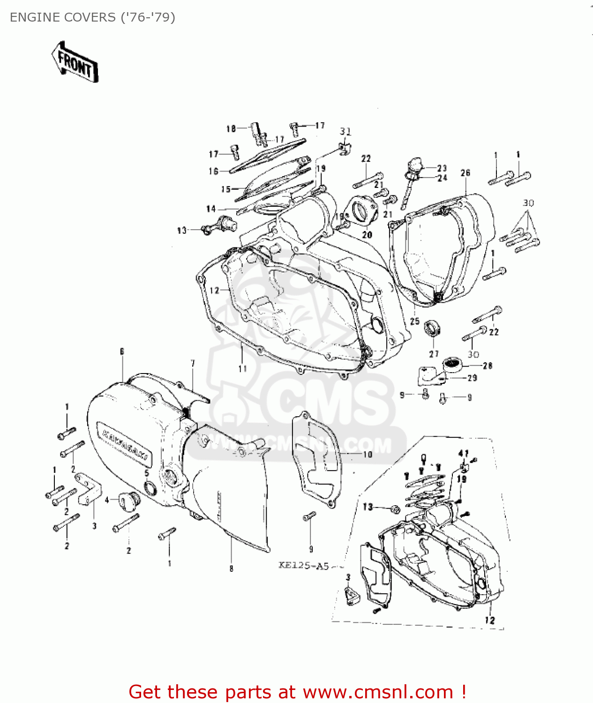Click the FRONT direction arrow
pos(75,62)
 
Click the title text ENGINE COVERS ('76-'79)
pos(92,17)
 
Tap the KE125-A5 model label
pos(304,565)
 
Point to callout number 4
pos(107,500)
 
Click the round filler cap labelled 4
pos(128,501)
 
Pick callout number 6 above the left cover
pos(122,351)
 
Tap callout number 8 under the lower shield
pos(231,568)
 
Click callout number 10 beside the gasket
pos(368,454)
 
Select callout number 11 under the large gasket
pos(242,368)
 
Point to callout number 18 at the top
pos(231,128)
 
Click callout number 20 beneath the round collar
pos(367,235)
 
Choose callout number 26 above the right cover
pos(465,173)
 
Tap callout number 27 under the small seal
pos(434,354)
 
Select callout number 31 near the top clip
pos(345,132)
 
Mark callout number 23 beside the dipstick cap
pos(442,168)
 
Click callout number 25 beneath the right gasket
pos(415,321)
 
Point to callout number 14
pos(211,209)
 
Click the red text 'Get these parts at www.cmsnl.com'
pos(297,692)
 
